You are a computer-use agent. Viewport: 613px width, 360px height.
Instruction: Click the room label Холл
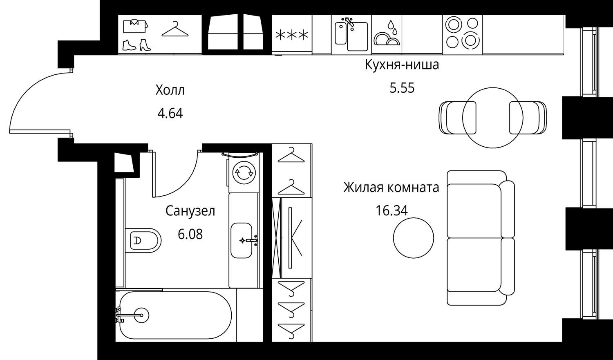(x=170, y=90)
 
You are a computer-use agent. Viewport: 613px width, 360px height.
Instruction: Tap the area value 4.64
(x=170, y=113)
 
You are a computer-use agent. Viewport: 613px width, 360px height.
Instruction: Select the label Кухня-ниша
(x=402, y=65)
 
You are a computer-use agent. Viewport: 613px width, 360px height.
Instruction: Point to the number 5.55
(x=402, y=88)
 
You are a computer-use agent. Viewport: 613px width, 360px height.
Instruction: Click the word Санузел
(x=190, y=211)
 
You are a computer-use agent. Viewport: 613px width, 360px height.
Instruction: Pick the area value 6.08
(x=190, y=235)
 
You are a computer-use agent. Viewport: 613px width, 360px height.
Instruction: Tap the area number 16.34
(x=392, y=210)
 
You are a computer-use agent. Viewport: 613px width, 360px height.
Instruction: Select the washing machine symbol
(x=244, y=172)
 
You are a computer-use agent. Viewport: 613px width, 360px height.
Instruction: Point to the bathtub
(x=175, y=316)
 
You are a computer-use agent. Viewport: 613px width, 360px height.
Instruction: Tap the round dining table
(x=492, y=118)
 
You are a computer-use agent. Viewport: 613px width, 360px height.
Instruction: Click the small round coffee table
(x=414, y=238)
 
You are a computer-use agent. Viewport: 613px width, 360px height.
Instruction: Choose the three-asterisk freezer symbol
(x=292, y=35)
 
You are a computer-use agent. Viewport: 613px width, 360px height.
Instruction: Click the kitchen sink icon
(x=351, y=34)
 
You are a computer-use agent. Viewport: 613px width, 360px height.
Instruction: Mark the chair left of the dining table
(x=457, y=118)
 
